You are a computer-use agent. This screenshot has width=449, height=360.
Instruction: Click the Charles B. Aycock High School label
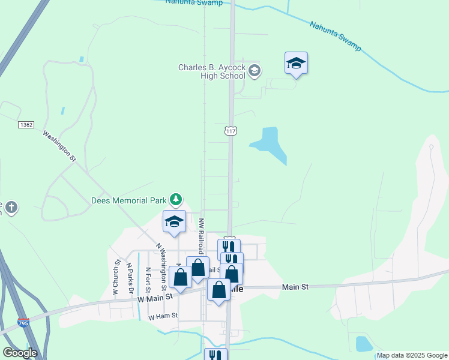(212, 71)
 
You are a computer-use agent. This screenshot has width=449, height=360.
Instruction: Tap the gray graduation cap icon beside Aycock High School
(254, 71)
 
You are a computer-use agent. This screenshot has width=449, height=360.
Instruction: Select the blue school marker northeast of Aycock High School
(296, 64)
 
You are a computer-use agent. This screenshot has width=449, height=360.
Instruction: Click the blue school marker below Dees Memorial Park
(174, 221)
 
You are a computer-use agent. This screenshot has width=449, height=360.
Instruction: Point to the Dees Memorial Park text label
(129, 200)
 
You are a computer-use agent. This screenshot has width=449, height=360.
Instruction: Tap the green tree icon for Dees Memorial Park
(176, 199)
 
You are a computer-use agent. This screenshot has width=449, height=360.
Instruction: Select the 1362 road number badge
(26, 124)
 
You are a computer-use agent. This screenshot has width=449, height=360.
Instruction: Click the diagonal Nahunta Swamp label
(335, 36)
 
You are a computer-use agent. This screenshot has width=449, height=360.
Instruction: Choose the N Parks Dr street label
(129, 277)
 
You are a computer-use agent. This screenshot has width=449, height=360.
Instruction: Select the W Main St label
(155, 296)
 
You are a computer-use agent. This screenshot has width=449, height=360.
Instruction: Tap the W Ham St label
(163, 316)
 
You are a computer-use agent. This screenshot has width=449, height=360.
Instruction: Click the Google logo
(20, 353)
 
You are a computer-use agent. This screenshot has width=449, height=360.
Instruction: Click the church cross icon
(11, 208)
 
